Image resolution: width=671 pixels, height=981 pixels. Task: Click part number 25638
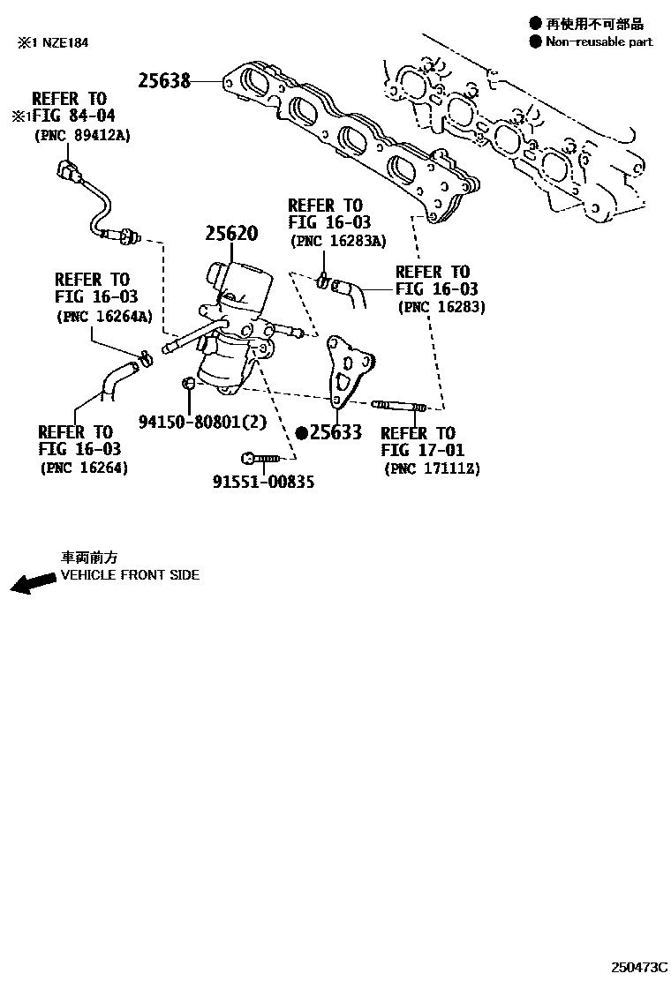[164, 81]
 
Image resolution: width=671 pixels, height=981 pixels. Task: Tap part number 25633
[336, 433]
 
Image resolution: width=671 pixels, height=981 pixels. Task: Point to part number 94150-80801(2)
[201, 422]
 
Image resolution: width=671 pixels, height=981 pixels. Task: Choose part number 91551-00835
[263, 482]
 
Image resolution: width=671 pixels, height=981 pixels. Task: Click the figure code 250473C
[637, 968]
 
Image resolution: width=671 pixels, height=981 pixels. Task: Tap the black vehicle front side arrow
[31, 584]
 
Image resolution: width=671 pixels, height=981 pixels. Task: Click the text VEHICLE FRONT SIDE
[130, 575]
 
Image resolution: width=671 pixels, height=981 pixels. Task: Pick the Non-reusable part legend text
[599, 41]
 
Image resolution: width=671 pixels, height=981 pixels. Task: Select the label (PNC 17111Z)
[432, 468]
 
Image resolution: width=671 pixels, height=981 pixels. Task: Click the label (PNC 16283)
[441, 308]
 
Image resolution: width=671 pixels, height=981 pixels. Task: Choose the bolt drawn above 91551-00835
[260, 458]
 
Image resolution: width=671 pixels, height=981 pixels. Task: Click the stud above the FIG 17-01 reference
[400, 406]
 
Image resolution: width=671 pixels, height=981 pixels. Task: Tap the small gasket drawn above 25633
[349, 368]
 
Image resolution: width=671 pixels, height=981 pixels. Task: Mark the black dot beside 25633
[301, 433]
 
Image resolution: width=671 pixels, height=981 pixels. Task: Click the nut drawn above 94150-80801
[188, 383]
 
